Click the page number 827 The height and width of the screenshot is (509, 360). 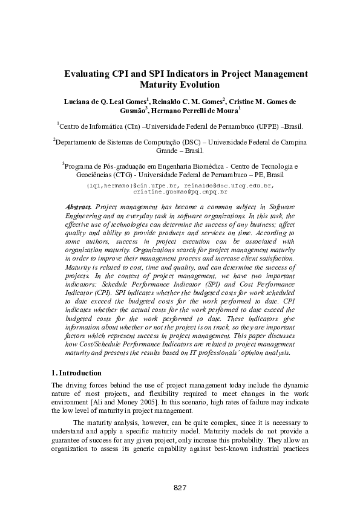click(179, 488)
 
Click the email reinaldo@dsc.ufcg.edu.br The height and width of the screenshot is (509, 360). click(229, 184)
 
